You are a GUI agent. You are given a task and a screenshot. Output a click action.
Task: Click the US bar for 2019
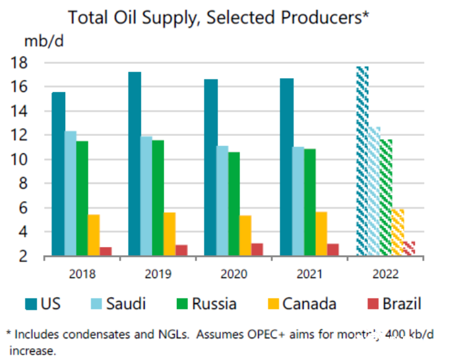(135, 164)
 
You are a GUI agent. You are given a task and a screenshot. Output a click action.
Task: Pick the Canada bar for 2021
(322, 233)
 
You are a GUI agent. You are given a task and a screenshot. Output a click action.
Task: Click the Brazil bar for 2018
(106, 251)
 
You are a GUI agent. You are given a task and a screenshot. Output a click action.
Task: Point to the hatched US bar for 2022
(363, 161)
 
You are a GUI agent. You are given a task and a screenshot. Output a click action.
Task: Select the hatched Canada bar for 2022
(398, 232)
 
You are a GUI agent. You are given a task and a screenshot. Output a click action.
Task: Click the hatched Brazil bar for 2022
(410, 248)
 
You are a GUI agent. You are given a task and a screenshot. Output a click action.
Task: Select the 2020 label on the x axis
(234, 274)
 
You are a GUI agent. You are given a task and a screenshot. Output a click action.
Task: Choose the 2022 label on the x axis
(385, 274)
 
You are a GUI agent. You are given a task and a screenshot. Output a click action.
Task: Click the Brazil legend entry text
(402, 304)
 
